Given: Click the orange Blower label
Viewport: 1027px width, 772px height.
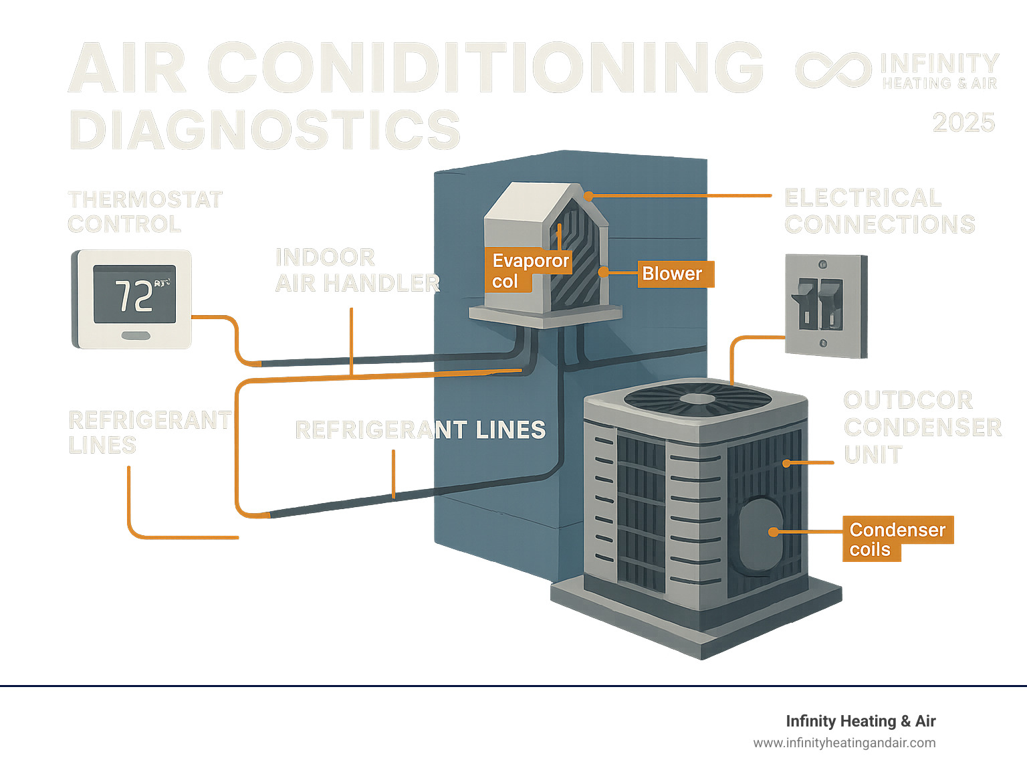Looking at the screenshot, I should (x=675, y=274).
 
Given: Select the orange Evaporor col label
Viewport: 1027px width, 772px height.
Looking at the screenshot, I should (x=529, y=270).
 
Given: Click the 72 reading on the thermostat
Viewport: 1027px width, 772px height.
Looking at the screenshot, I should (x=134, y=296).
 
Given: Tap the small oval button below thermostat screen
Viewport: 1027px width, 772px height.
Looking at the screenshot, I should (x=136, y=335).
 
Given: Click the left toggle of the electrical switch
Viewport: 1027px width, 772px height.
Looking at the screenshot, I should (x=805, y=302).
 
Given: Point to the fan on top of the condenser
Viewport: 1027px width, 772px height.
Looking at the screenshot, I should (x=697, y=399).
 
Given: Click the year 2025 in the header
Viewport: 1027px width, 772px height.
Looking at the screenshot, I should (x=963, y=123).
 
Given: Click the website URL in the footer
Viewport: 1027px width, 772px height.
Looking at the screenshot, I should (x=844, y=743).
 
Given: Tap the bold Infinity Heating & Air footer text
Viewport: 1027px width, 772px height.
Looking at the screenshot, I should (x=860, y=721).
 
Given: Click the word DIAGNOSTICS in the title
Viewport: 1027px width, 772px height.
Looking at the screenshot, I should (x=265, y=130).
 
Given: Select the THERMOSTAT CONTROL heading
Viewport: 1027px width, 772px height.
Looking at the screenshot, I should (x=144, y=211).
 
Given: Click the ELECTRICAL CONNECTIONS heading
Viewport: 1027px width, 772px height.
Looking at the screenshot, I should (x=879, y=211).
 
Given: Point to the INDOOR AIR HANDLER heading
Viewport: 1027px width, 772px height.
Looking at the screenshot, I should (x=356, y=270).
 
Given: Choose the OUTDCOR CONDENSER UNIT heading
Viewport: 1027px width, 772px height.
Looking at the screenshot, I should (x=921, y=427).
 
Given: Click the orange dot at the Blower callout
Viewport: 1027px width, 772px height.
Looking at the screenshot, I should (x=603, y=272).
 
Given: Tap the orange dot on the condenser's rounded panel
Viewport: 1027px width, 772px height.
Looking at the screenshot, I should (x=774, y=533).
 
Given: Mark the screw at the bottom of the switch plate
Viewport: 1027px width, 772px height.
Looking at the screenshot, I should (x=823, y=343).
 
